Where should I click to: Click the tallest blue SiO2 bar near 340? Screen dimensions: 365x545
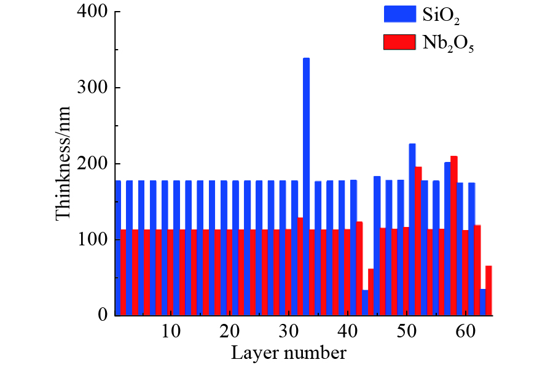(306, 184)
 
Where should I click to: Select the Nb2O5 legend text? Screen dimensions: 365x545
(449, 43)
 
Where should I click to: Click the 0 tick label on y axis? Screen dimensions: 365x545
(100, 316)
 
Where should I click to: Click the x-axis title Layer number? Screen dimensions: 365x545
(288, 353)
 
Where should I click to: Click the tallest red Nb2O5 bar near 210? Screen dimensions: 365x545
(454, 236)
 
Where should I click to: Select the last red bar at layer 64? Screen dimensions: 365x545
(489, 291)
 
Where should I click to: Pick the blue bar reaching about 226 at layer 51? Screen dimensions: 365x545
(412, 230)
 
